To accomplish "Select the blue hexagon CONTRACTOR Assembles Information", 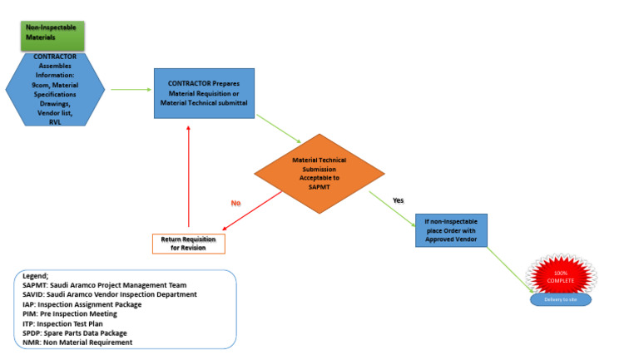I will point(55,89).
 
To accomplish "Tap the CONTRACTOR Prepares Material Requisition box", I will point(204,93).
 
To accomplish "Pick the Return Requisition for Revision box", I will point(189,244).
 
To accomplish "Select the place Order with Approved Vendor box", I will point(450,230).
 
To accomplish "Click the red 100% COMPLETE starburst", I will point(562,277).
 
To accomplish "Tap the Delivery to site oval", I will point(560,299).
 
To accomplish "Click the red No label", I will point(235,202).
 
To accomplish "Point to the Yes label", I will point(397,200).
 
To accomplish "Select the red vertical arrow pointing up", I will point(190,179).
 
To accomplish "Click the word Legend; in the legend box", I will point(36,275).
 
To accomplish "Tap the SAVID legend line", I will point(110,294).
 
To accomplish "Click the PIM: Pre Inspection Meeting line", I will point(70,314).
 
